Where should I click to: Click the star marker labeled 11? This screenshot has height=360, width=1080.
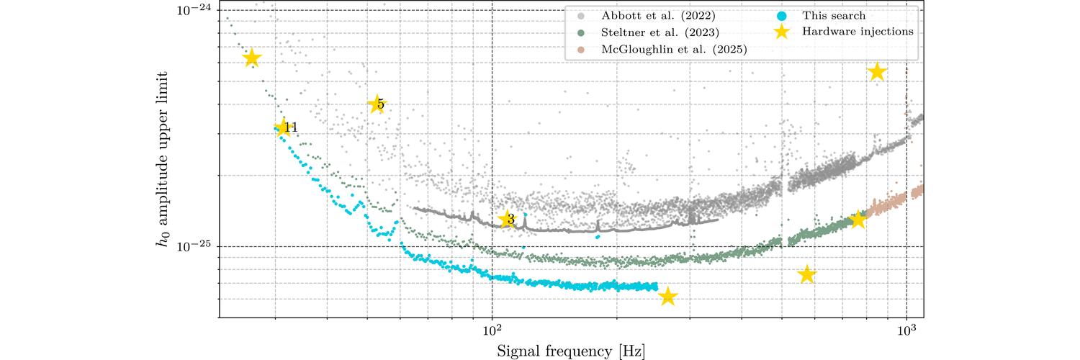coord(282,128)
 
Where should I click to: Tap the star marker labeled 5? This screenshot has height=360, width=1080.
coord(376,104)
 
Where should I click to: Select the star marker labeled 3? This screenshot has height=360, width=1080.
coord(508,219)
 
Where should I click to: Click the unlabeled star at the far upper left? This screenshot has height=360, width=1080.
coord(251,58)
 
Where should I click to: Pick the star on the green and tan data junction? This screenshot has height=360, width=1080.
coord(858,220)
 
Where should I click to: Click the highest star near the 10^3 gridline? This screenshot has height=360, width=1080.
coord(876,71)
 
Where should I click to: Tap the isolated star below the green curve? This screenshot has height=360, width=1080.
coord(807,274)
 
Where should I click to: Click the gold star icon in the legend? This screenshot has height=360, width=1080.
coord(781,32)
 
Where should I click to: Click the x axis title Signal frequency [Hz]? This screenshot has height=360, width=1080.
coord(570,351)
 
